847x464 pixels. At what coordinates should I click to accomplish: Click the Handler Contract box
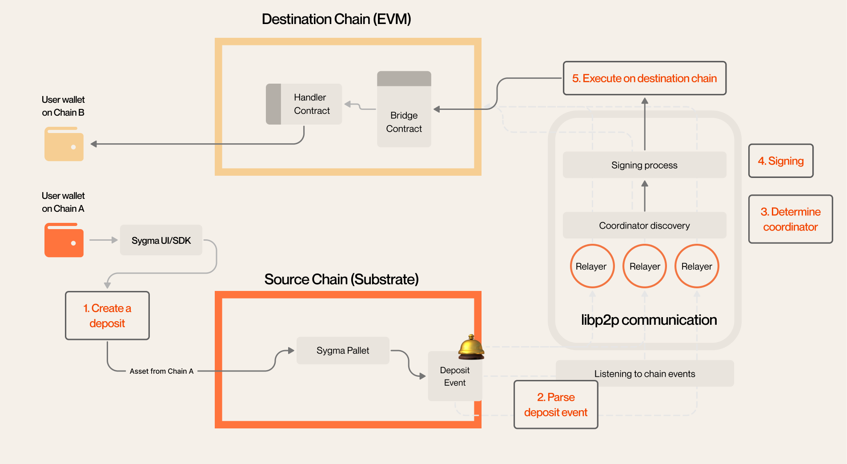point(304,104)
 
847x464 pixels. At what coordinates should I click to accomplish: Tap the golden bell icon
point(471,347)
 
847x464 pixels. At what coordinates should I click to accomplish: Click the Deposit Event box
point(454,376)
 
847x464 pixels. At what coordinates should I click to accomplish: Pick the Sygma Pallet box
point(343,351)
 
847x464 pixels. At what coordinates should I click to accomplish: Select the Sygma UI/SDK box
point(161,240)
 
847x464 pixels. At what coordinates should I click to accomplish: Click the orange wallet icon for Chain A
point(64,240)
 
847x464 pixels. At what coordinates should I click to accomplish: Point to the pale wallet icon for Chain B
point(64,144)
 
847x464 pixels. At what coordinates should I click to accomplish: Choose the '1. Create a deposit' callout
point(107,316)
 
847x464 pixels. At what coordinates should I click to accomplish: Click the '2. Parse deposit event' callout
point(556,405)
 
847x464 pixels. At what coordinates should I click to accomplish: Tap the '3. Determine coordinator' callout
point(790,219)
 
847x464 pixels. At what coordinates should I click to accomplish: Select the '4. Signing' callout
point(781,161)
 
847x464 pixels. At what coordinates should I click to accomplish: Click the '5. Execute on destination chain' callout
point(644,78)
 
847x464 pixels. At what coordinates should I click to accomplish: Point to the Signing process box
point(644,165)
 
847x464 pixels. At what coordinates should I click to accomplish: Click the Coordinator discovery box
point(644,226)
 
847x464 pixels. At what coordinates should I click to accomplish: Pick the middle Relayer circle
point(645,266)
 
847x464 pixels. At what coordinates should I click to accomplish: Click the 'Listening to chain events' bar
point(645,374)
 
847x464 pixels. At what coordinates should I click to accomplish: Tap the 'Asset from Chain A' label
point(161,371)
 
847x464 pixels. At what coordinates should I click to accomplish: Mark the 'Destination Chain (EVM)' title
point(336,19)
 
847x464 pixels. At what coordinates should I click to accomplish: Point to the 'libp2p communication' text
point(649,320)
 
